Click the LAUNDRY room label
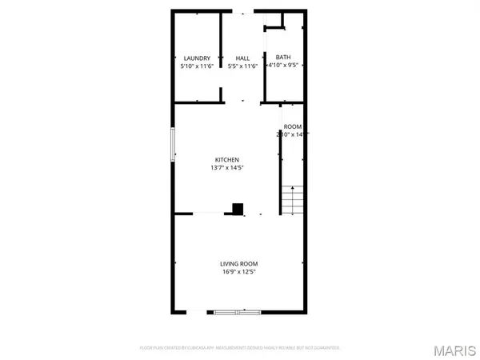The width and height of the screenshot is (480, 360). (197, 58)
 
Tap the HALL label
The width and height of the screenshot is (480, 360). (243, 58)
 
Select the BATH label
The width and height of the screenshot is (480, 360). (283, 57)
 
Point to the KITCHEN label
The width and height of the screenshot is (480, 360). (226, 160)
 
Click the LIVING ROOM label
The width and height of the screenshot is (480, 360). (239, 263)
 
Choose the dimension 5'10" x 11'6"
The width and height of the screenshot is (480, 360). (197, 66)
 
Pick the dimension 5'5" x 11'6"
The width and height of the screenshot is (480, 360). (243, 66)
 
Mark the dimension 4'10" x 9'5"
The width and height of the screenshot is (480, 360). (283, 66)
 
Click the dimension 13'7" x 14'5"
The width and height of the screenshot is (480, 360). (226, 168)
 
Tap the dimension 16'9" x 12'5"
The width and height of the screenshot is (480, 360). (239, 272)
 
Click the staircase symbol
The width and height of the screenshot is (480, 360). (294, 198)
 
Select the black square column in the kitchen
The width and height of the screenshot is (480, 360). (237, 208)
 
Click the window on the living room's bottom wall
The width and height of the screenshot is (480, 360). (236, 312)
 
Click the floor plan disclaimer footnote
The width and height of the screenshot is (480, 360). (239, 348)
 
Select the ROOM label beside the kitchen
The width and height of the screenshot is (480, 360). (293, 127)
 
